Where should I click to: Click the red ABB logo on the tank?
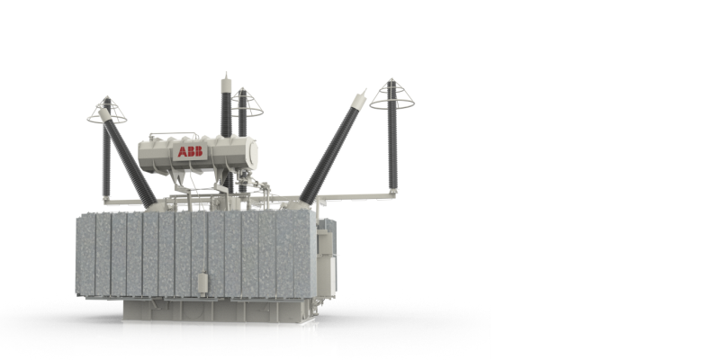pos(190,151)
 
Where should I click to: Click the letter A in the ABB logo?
pos(182,152)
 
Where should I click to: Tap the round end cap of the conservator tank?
pos(252,154)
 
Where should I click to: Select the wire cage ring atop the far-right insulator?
pos(391,104)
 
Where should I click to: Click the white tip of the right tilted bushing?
pos(359,100)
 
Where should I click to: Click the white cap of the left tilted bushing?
pos(104,114)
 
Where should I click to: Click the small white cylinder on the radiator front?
pos(202,283)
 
